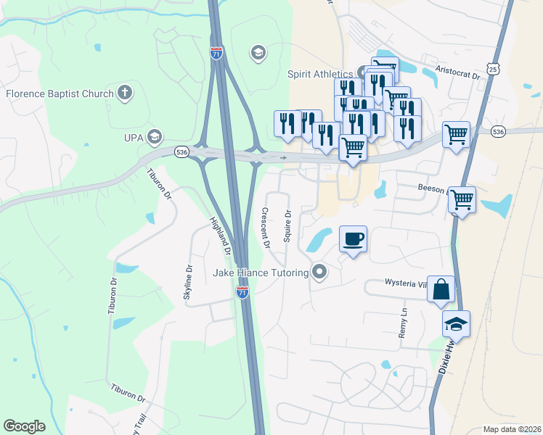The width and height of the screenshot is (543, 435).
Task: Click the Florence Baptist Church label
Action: click(x=60, y=94)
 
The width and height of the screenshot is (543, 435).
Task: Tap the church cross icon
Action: click(x=125, y=93)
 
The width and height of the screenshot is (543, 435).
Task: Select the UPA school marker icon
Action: click(x=154, y=136)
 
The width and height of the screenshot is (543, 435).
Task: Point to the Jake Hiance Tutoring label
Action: click(x=261, y=273)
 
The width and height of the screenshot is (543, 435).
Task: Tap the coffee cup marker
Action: click(x=353, y=239)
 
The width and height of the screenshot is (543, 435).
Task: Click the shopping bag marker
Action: click(x=441, y=289)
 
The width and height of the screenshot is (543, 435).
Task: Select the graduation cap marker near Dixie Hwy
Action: click(x=456, y=323)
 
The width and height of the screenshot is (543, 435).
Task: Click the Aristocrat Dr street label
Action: click(x=458, y=75)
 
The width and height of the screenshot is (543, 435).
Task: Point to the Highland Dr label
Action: click(x=220, y=236)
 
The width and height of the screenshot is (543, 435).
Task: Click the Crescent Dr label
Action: click(x=265, y=228)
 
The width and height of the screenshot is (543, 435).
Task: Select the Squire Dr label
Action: click(x=288, y=226)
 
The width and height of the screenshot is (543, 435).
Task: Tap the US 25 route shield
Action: click(x=493, y=69)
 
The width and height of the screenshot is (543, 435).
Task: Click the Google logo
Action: click(x=24, y=426)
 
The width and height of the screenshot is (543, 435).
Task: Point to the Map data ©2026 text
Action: click(x=512, y=429)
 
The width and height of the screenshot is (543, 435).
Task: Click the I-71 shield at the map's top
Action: click(x=216, y=52)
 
